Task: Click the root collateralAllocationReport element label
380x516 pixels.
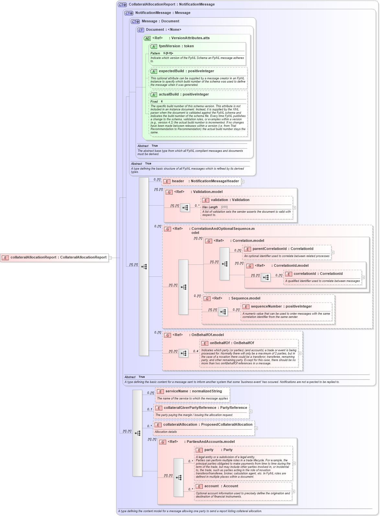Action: point(58,257)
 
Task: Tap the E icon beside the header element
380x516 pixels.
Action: point(167,181)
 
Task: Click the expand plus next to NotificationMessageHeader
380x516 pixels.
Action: point(243,182)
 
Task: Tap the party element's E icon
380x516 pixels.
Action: point(199,450)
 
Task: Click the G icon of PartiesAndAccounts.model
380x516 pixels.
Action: point(163,442)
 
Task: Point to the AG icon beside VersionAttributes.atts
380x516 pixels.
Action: point(147,38)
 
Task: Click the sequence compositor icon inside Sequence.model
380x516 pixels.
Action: point(223,312)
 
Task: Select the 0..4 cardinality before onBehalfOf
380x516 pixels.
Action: point(196,351)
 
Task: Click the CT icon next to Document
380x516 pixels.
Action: point(141,30)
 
